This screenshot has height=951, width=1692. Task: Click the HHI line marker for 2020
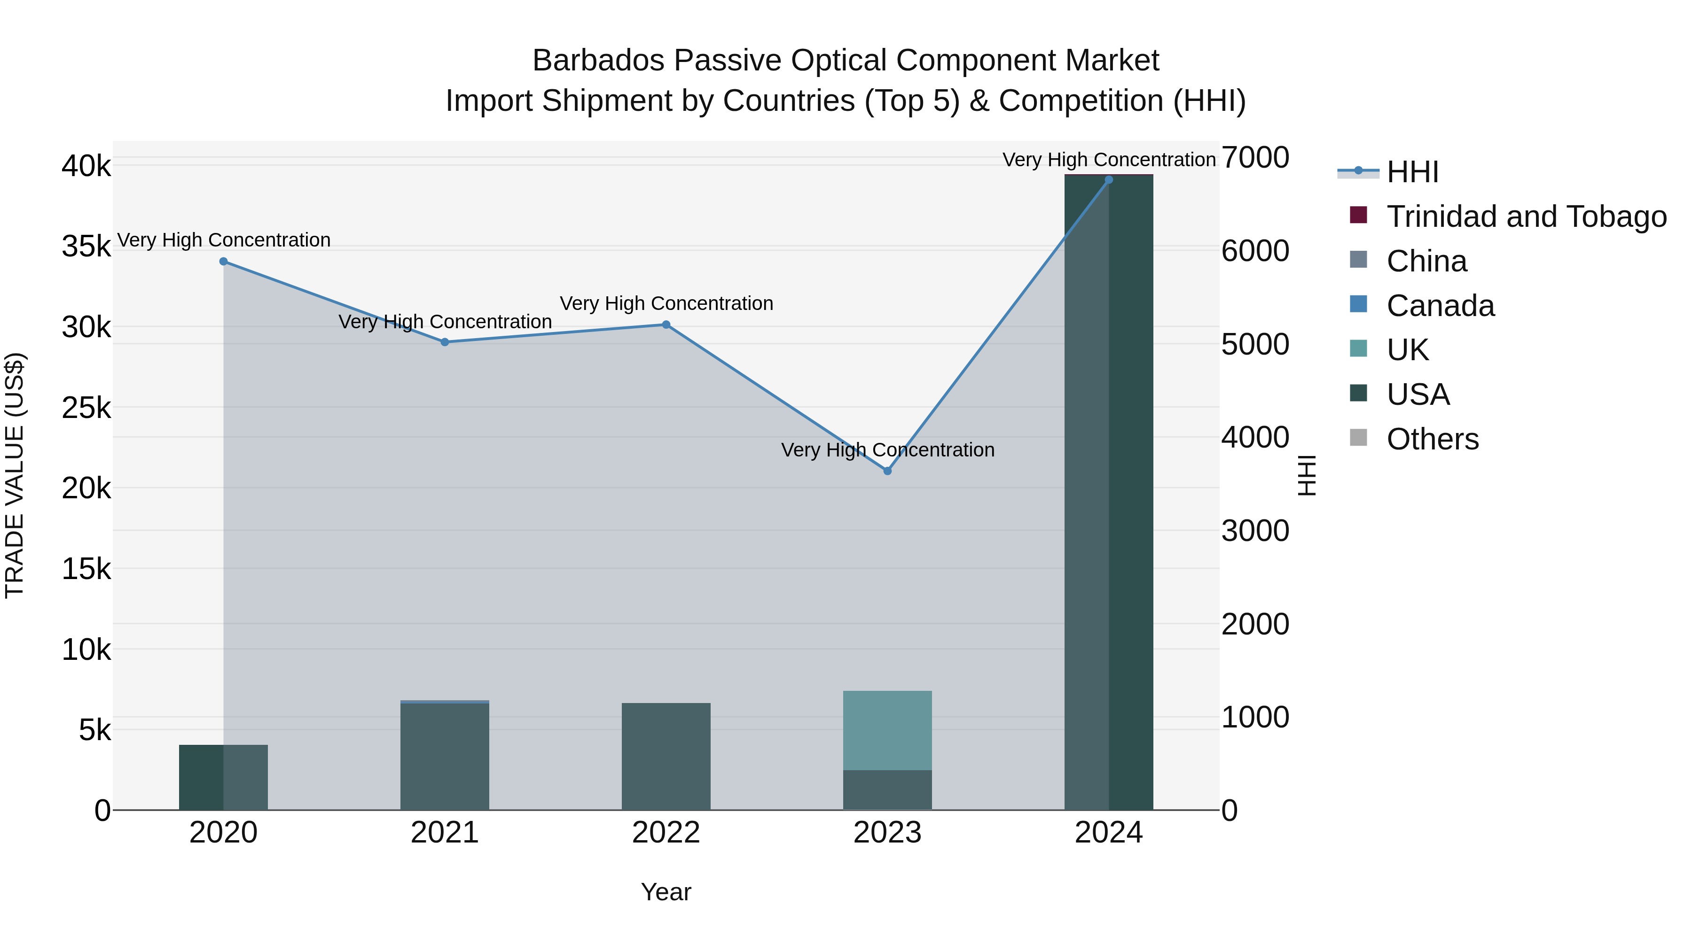(x=223, y=261)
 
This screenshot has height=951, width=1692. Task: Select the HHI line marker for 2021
(x=445, y=342)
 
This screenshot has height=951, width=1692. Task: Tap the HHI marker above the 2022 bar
(x=666, y=324)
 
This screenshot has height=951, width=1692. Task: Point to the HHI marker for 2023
(x=887, y=471)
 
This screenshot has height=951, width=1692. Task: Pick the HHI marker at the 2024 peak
(x=1109, y=180)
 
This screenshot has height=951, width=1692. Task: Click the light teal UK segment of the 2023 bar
(x=887, y=730)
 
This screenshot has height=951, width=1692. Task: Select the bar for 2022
(x=666, y=756)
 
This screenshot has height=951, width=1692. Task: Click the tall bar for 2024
(x=1109, y=492)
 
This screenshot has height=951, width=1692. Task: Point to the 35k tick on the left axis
(x=86, y=247)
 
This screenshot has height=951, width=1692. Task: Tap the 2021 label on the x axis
(x=445, y=833)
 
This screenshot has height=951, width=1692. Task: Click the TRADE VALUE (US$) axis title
(x=15, y=475)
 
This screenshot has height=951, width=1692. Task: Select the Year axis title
(x=666, y=892)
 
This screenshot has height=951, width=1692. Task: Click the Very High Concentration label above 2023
(x=887, y=450)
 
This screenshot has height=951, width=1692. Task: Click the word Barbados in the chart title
(x=599, y=61)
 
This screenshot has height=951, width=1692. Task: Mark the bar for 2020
(x=223, y=777)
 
